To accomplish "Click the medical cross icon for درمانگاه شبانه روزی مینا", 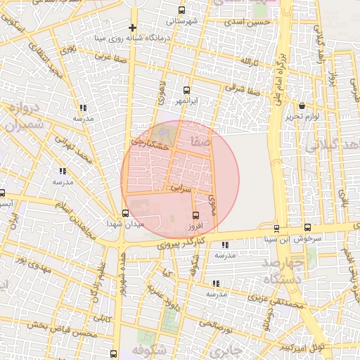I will pyautogui.click(x=131, y=27).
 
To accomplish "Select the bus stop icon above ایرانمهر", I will pyautogui.click(x=186, y=90).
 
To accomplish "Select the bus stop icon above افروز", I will pyautogui.click(x=195, y=215).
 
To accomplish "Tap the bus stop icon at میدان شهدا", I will pyautogui.click(x=126, y=213).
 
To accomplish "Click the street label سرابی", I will pyautogui.click(x=181, y=188).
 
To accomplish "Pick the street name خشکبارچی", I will pyautogui.click(x=150, y=143).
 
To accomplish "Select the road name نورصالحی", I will pyautogui.click(x=214, y=324).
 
